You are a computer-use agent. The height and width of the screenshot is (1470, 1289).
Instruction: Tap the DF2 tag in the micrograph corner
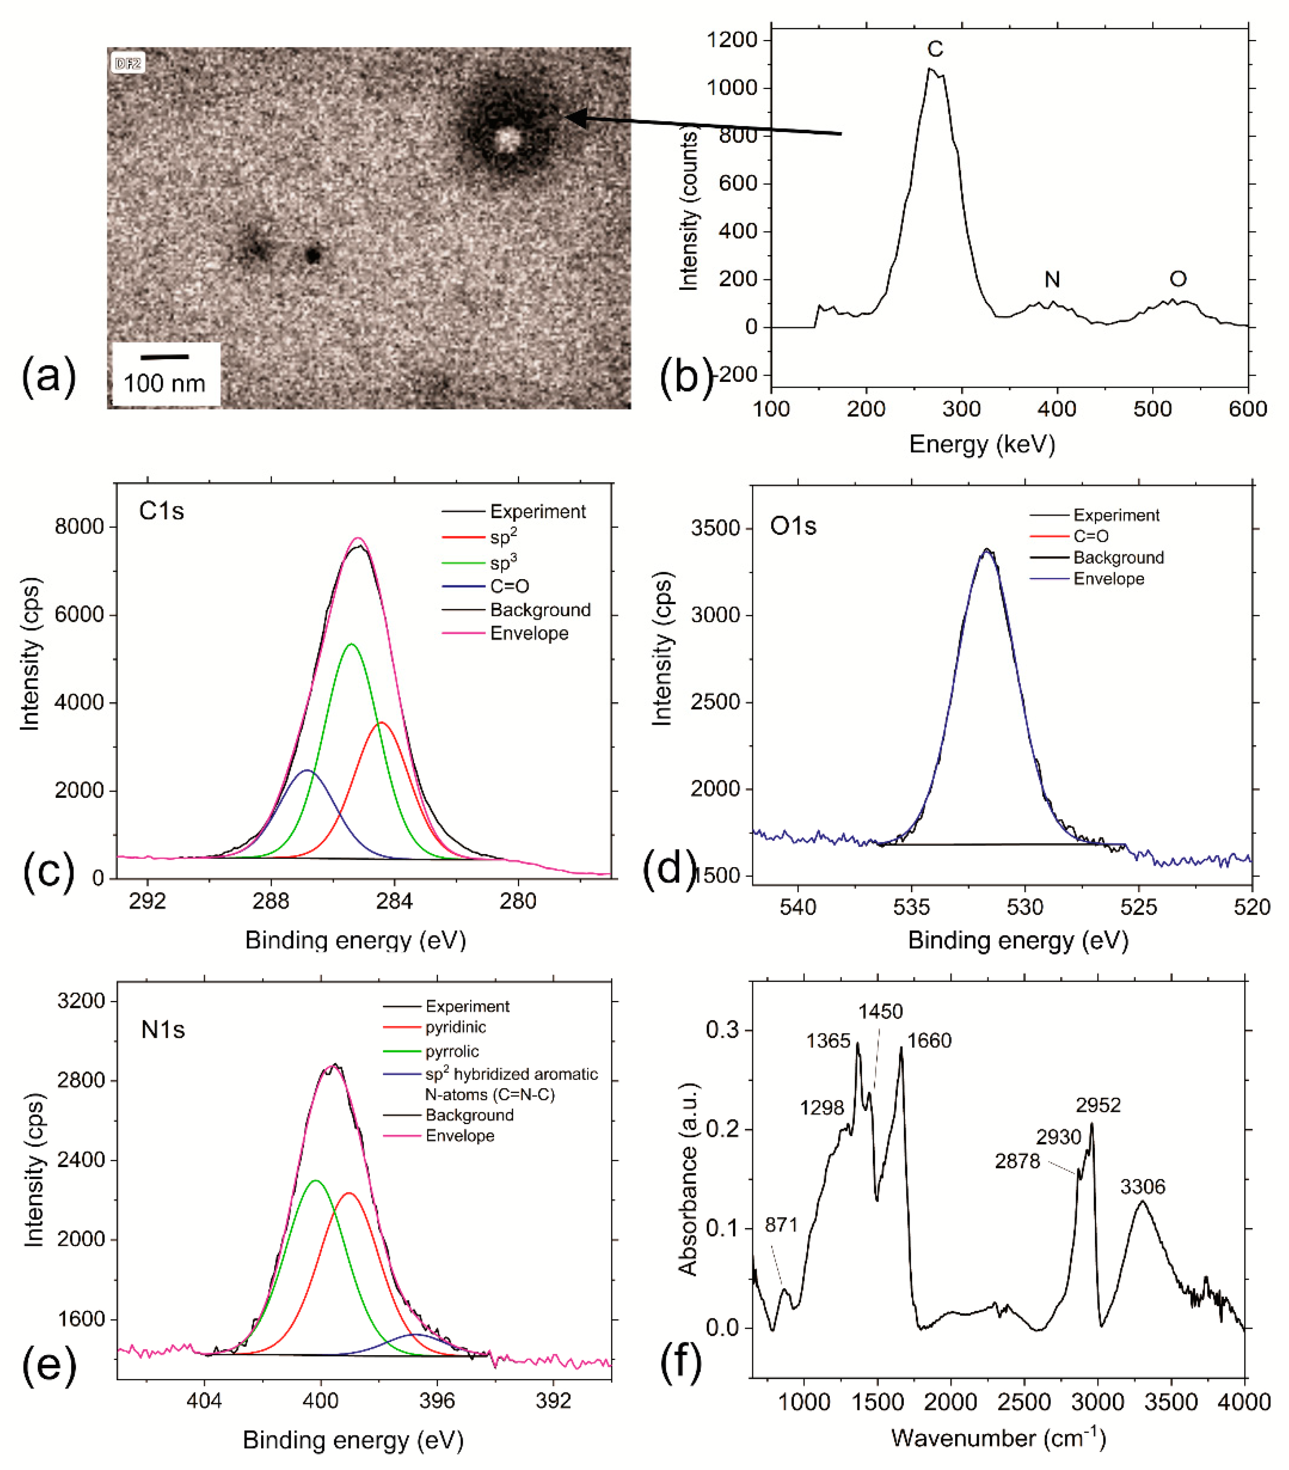coord(128,64)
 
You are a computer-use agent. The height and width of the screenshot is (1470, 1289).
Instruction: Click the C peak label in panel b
coord(935,49)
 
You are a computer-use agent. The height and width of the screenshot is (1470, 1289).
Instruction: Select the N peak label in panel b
coord(1052,279)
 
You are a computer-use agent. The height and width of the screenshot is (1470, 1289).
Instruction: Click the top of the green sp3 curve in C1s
coord(351,644)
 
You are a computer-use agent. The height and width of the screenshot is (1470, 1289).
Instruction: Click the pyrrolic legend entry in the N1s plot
coord(451,1051)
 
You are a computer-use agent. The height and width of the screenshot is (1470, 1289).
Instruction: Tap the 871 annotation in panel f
coord(782,1225)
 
